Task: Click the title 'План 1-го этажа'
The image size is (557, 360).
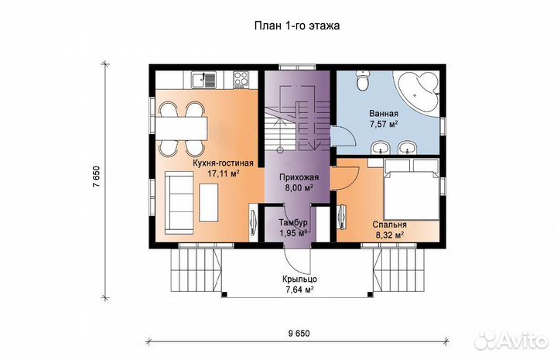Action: point(296,26)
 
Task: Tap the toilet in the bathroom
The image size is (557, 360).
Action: point(363,81)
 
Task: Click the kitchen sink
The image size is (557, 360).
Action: point(203,79)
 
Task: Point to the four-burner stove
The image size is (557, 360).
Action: point(241,79)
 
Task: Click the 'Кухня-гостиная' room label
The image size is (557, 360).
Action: point(223,163)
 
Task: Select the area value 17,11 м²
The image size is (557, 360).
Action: point(223,173)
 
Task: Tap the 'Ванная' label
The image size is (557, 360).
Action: point(384,114)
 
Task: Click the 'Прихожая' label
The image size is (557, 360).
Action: point(299,177)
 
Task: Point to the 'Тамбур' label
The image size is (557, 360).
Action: point(293,223)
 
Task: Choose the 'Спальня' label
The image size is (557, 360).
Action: point(390,225)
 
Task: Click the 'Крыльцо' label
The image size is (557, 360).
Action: point(300,279)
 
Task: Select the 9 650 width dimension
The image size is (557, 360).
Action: point(299,334)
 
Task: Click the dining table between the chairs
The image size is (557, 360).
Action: point(181,129)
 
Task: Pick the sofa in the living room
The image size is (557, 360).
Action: point(179,202)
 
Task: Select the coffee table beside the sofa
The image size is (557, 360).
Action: point(209,203)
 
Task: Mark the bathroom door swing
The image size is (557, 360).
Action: point(343,136)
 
